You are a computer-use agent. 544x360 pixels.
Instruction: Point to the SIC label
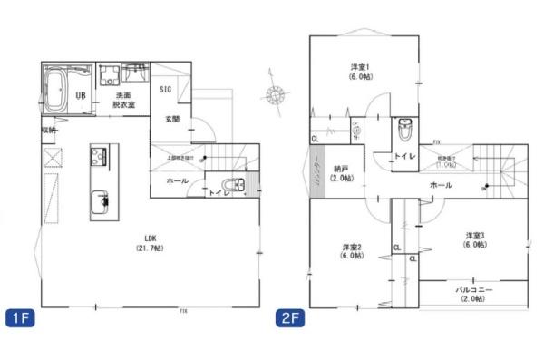point(166,89)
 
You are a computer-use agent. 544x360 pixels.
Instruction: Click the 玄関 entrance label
point(171,119)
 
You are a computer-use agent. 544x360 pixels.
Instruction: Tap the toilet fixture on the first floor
point(237,184)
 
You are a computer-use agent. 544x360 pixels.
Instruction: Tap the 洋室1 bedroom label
point(360,73)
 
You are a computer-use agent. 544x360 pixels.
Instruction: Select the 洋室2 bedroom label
point(353,251)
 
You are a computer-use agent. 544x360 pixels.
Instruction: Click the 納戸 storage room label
point(341,171)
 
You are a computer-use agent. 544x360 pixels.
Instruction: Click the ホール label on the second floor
point(441,184)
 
